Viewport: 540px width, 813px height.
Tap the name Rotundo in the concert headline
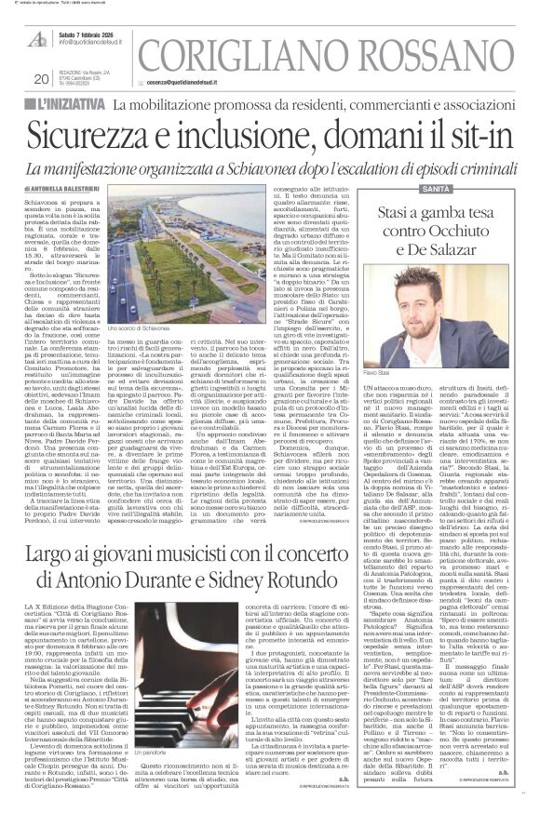323,557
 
